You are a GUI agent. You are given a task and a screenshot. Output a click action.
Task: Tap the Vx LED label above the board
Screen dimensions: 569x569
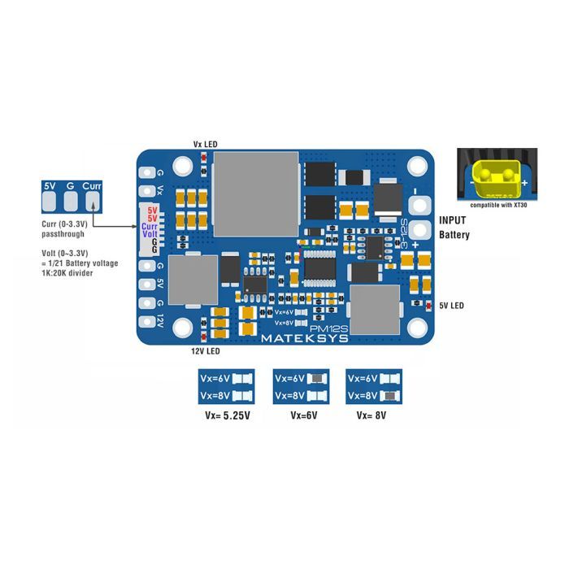click(205, 144)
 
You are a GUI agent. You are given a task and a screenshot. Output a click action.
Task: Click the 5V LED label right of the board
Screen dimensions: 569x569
click(452, 306)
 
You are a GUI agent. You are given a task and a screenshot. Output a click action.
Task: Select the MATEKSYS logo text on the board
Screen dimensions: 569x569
click(304, 337)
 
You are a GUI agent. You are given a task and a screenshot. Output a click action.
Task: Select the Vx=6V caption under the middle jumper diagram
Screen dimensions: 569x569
click(303, 415)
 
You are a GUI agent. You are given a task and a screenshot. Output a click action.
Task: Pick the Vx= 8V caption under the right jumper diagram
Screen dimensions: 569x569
click(372, 415)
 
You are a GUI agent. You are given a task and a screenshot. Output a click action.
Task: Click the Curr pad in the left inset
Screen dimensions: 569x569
click(91, 187)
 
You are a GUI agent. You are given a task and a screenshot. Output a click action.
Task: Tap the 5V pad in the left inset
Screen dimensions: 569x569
click(50, 187)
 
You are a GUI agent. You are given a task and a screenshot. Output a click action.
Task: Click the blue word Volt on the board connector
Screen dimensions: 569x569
click(150, 234)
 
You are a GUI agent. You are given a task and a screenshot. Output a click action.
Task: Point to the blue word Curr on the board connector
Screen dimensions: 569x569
click(150, 227)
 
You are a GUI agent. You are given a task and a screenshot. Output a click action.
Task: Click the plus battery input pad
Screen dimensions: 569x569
click(419, 231)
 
